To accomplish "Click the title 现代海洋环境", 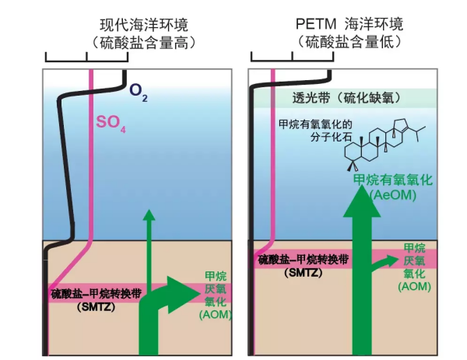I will [x=145, y=23].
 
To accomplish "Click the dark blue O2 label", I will [x=139, y=94].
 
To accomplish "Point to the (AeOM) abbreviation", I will [x=393, y=195].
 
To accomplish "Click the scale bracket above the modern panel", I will [x=86, y=57].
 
